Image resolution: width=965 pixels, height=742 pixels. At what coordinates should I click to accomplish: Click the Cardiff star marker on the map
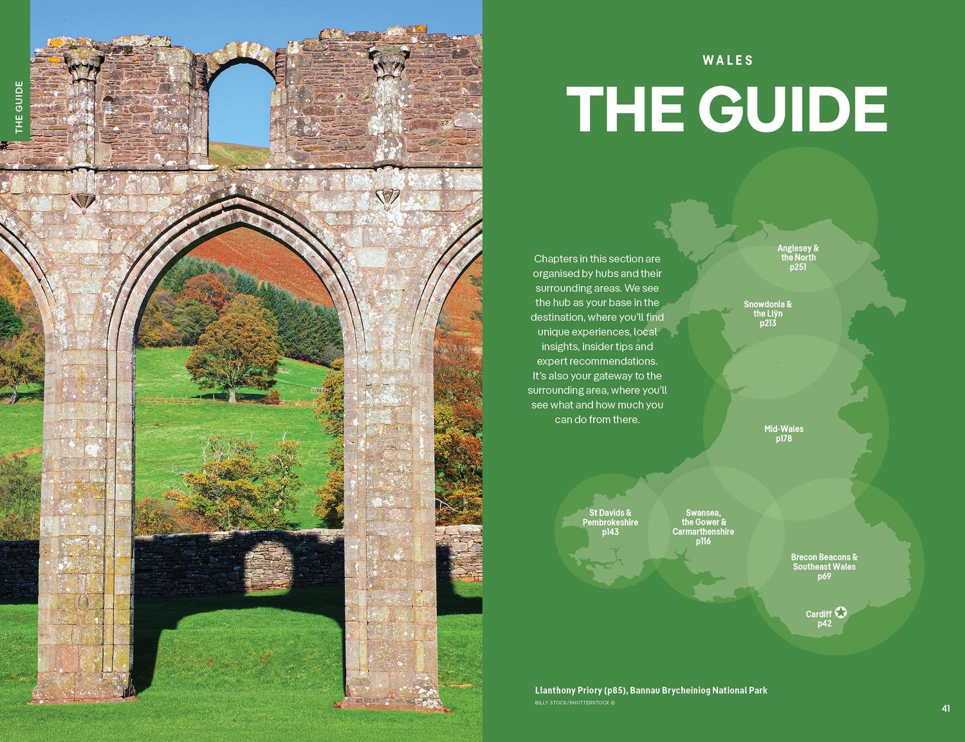pos(841,613)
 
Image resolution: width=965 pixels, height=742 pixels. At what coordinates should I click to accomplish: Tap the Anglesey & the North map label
pos(798,257)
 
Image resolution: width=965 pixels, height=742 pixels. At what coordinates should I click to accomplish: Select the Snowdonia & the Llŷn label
pos(767,313)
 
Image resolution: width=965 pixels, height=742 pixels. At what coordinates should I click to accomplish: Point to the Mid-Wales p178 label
pos(784,433)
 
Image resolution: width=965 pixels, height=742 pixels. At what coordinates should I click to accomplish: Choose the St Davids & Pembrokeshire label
pos(610,522)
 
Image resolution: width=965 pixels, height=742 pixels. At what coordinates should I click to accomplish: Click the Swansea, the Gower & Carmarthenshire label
pos(703,527)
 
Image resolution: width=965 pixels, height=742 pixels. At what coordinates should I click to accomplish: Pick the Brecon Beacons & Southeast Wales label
pos(824,566)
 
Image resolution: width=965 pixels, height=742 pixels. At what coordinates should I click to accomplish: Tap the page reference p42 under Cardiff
pos(824,624)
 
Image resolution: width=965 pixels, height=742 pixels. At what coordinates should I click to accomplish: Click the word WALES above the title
pos(728,60)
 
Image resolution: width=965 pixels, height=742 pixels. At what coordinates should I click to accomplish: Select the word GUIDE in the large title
pos(793,109)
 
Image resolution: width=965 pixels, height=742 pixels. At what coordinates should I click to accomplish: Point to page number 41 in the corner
pos(946,709)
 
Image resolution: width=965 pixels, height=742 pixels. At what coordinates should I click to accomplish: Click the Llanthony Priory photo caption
pos(651,690)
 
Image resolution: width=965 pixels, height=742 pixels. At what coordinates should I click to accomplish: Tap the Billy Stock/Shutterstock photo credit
pos(574,703)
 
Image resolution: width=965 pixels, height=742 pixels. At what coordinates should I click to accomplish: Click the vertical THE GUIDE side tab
pos(19,107)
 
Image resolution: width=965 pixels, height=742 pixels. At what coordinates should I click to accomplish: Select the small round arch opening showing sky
pos(241,103)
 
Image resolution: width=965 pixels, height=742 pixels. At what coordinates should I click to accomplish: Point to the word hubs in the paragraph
pos(607,273)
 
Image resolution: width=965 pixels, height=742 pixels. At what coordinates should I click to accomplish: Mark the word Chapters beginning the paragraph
pos(555,258)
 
